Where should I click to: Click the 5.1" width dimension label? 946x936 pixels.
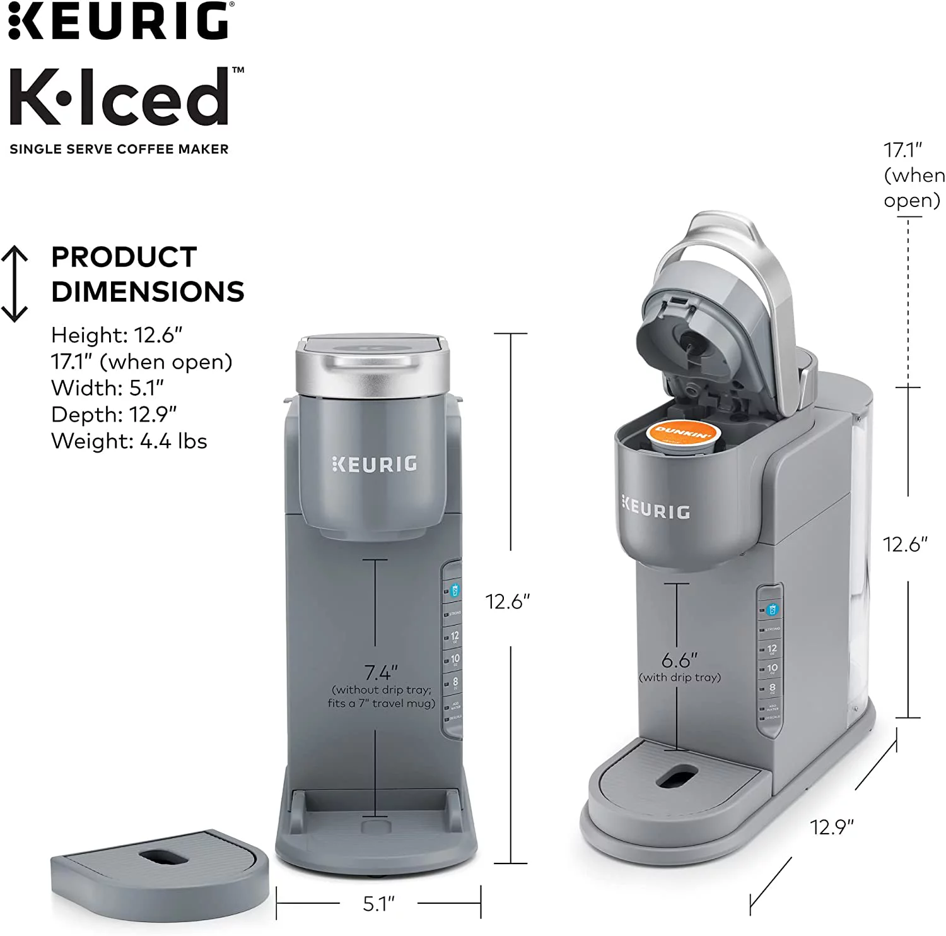(x=378, y=903)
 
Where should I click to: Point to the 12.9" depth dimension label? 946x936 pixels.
(x=832, y=826)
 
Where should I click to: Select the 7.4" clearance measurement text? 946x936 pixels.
(x=381, y=672)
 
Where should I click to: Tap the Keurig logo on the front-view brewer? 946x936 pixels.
(x=374, y=464)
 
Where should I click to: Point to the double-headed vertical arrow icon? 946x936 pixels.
(x=15, y=284)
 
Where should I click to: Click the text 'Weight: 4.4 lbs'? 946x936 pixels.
(x=129, y=441)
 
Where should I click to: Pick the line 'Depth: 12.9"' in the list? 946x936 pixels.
(x=114, y=414)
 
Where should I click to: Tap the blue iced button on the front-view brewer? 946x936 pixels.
(x=455, y=591)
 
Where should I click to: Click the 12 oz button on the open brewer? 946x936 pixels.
(x=771, y=649)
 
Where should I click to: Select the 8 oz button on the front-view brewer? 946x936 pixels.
(x=455, y=682)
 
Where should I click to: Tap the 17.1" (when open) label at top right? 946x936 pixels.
(x=913, y=175)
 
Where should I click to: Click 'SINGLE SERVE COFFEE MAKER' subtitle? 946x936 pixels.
(x=119, y=150)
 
